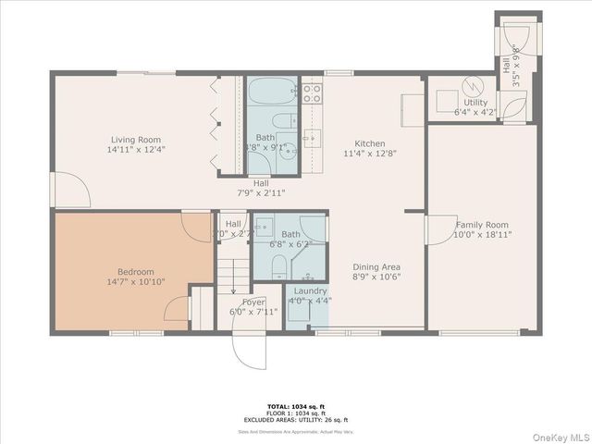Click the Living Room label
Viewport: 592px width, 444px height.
pyautogui.click(x=130, y=140)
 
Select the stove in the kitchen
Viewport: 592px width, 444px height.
pyautogui.click(x=313, y=92)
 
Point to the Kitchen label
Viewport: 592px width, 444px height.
pyautogui.click(x=370, y=144)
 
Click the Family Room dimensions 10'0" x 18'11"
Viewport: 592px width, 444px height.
pyautogui.click(x=483, y=235)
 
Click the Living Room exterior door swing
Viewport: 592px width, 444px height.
pyautogui.click(x=72, y=191)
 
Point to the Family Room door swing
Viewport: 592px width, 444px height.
pyautogui.click(x=438, y=229)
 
